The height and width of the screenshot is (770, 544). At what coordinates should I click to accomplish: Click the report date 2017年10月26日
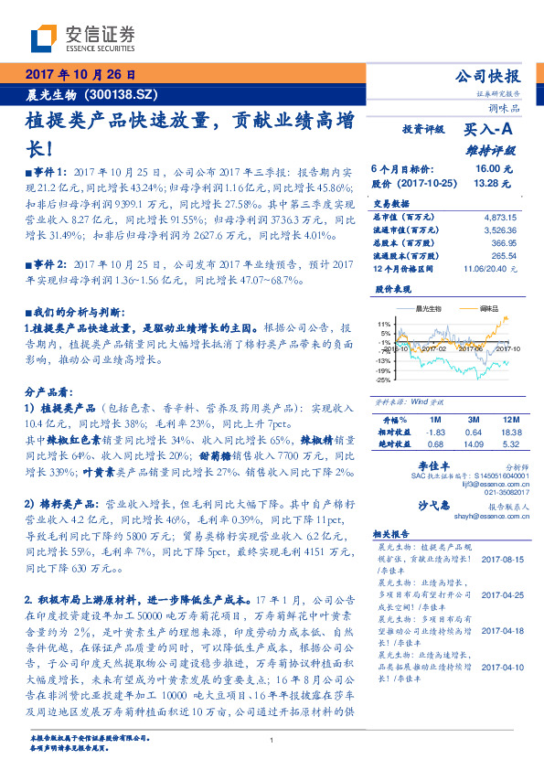pos(80,74)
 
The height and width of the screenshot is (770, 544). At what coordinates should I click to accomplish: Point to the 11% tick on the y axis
pos(384,324)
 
